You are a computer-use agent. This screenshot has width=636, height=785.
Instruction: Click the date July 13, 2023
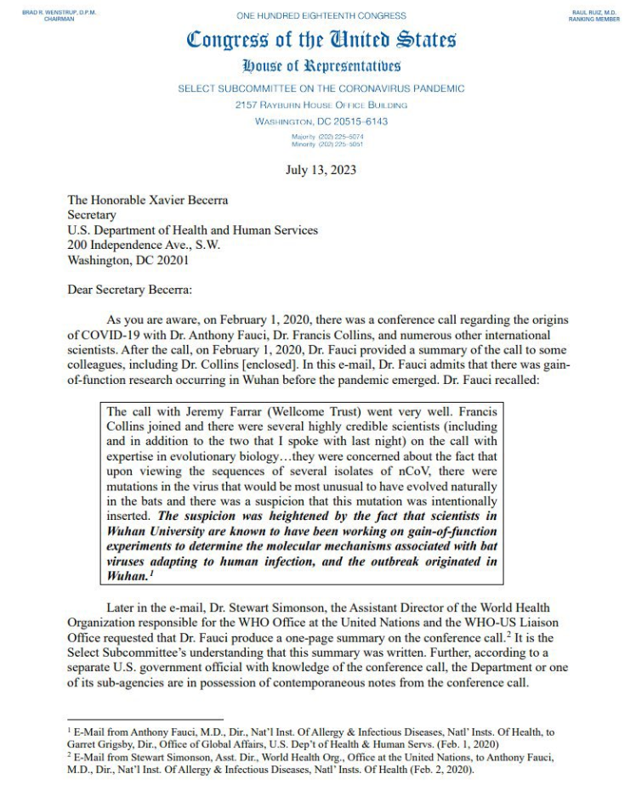pos(321,170)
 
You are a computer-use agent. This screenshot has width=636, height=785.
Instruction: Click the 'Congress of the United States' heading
pos(321,39)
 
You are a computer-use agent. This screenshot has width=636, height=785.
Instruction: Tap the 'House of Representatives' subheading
pos(321,65)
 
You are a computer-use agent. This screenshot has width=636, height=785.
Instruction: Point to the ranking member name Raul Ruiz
pos(594,13)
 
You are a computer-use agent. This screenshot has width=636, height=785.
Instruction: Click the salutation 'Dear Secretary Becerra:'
pos(130,290)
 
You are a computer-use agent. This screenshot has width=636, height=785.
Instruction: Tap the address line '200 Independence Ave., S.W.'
pos(144,245)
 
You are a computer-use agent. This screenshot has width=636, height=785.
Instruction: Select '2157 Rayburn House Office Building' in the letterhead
pos(321,104)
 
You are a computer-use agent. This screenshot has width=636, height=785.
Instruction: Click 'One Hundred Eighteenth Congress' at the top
pos(321,15)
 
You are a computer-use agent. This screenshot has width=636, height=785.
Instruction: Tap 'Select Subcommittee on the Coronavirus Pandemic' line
pos(321,88)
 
